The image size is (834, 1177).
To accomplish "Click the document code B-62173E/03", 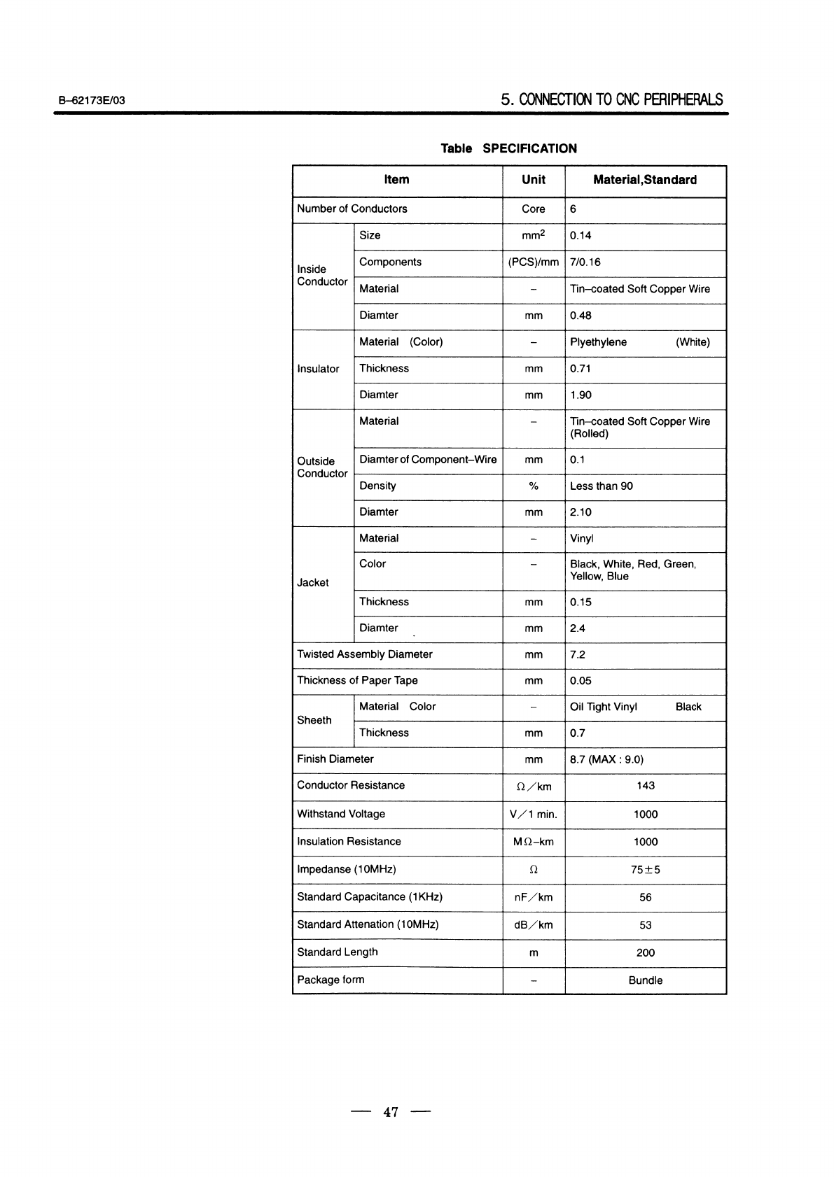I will tap(92, 100).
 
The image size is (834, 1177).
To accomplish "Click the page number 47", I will tap(391, 1111).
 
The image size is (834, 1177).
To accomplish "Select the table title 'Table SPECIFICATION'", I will tap(508, 148).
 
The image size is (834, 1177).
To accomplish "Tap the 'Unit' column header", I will tap(534, 180).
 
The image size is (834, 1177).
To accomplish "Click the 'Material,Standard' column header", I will tap(644, 180).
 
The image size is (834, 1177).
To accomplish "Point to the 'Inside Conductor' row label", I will tap(322, 276).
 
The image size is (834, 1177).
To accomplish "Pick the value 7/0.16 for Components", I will tap(585, 262).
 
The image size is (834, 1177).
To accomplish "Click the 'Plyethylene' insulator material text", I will tap(598, 342).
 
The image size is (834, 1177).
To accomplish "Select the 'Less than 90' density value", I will tap(601, 486).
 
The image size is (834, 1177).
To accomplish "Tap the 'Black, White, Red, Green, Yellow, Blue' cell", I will tap(632, 570).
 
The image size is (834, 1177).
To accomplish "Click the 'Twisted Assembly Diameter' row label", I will tap(365, 654).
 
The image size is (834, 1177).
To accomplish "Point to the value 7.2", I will tap(578, 655).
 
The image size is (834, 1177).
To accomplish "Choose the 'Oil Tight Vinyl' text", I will tap(604, 707).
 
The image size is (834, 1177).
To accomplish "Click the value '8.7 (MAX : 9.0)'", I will tap(606, 759).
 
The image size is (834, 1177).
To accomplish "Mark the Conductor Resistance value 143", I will tap(645, 786).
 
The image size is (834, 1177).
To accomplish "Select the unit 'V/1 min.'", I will tap(534, 815).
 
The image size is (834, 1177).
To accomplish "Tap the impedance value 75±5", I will tap(645, 870).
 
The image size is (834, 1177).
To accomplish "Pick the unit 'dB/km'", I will tap(534, 925).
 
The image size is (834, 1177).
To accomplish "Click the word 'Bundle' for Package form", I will tap(645, 980).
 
